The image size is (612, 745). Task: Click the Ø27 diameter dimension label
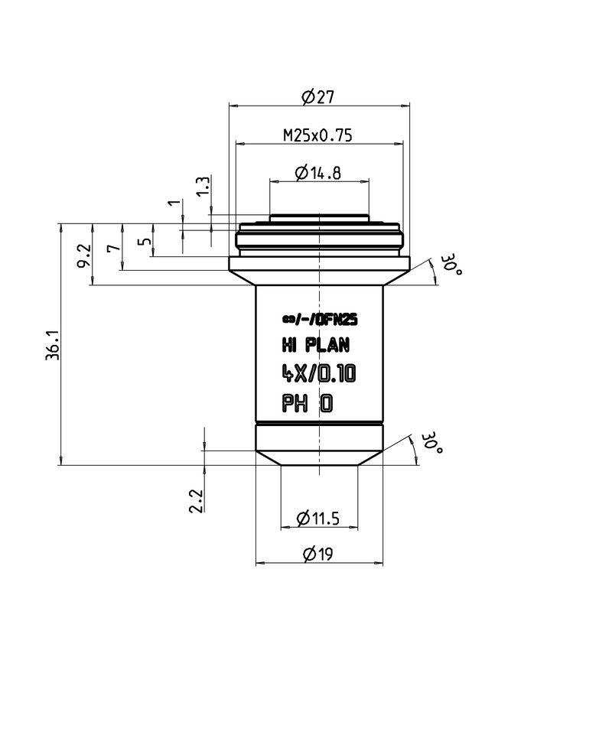319,97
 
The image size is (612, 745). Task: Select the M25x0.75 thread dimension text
317,135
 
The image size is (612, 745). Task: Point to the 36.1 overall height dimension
53,345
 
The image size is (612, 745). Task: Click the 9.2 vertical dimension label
84,254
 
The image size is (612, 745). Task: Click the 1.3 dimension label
202,187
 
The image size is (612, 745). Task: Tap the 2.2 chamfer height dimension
196,501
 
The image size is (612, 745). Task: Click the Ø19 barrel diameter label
318,555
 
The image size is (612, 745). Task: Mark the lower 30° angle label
432,443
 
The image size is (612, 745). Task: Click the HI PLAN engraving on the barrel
317,347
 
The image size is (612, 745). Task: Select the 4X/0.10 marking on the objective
318,374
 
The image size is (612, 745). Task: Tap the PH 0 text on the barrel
308,403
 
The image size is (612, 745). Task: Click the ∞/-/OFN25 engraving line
319,321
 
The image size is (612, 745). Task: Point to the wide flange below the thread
319,264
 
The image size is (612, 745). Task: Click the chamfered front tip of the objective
319,457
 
